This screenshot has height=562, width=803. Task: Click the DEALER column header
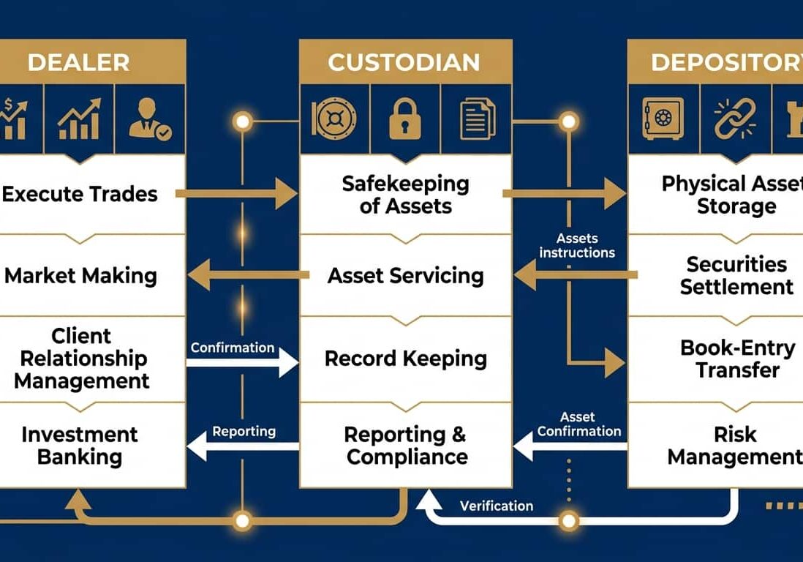click(79, 61)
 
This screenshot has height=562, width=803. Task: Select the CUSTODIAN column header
click(404, 61)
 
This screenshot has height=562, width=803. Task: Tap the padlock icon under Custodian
click(404, 118)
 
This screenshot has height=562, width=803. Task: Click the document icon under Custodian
click(477, 119)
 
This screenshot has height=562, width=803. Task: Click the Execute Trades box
click(80, 194)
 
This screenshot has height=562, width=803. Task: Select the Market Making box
click(80, 276)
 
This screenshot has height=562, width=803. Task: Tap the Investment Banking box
click(80, 445)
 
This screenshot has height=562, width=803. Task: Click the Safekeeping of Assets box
click(405, 195)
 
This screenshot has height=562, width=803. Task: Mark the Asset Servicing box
click(405, 276)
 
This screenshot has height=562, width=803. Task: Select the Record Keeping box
click(405, 359)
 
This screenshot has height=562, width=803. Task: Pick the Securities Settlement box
click(736, 275)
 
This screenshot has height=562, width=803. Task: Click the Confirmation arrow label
click(233, 348)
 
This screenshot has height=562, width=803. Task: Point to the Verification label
click(497, 506)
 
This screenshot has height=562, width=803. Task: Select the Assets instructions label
click(577, 245)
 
